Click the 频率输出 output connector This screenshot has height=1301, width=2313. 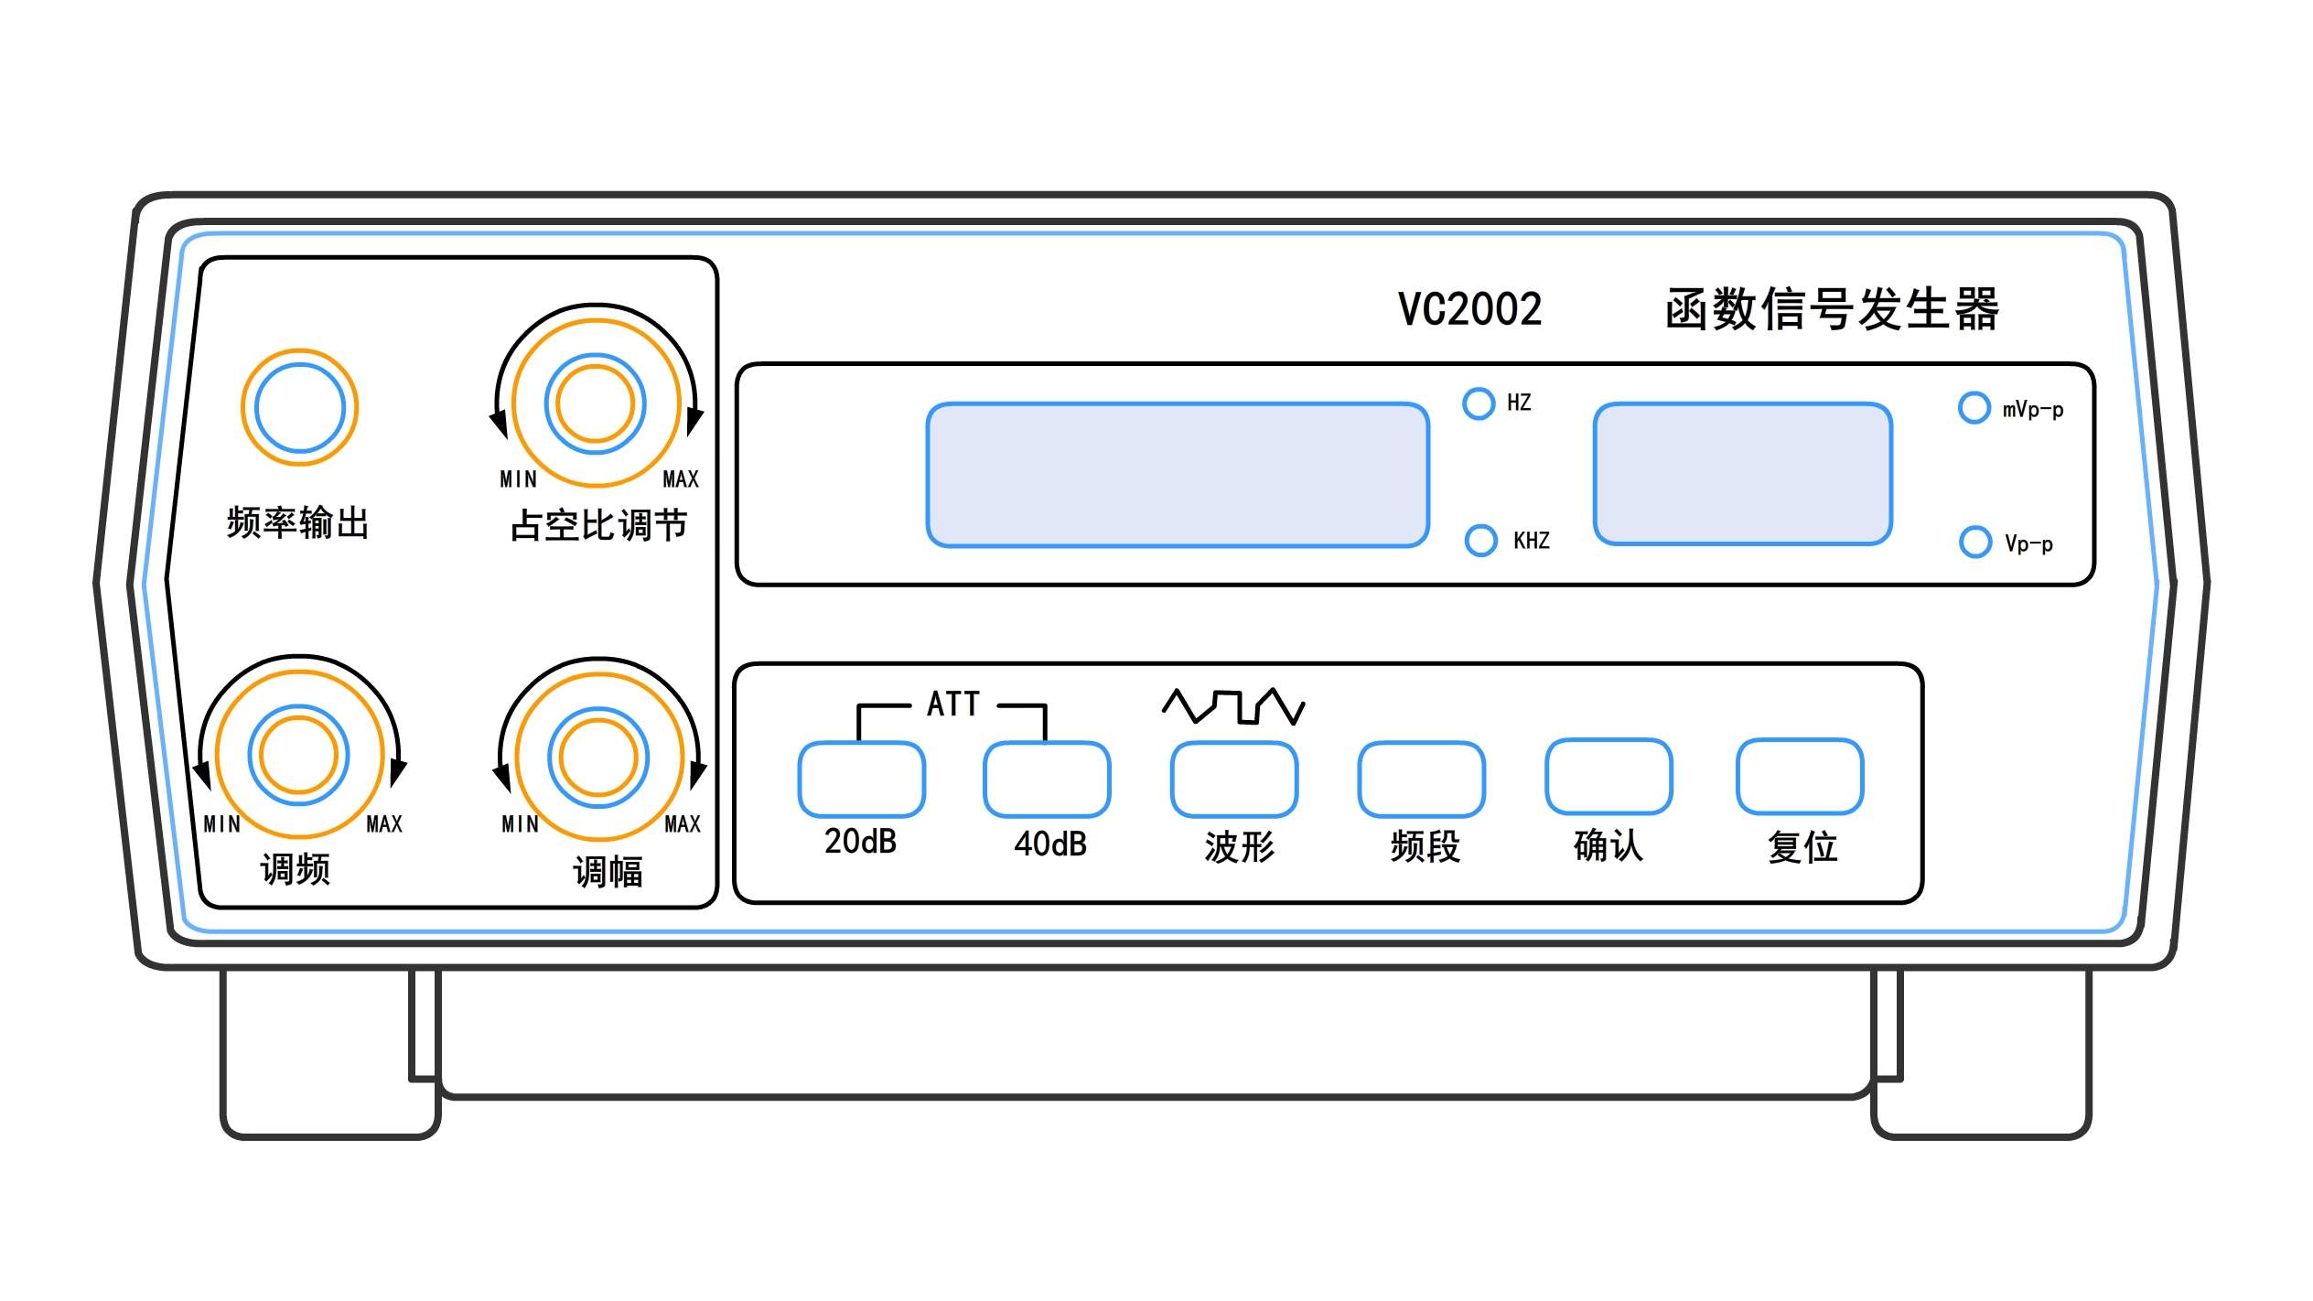coord(299,408)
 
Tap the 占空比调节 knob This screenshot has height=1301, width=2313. coord(595,403)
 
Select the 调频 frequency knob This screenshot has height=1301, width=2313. coord(298,755)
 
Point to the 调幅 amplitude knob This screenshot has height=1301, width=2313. coord(598,758)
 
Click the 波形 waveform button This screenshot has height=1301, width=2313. coord(1234,780)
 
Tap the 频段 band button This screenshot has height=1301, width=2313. coord(1422,780)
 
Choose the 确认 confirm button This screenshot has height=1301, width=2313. coord(1609,777)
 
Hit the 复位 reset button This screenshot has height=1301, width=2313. coord(1800,777)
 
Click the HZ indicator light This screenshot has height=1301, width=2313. coord(1479,403)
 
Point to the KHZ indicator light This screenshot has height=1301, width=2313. coord(1480,541)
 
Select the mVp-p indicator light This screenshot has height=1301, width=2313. coord(1974,408)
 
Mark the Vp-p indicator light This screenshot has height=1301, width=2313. coord(1974,542)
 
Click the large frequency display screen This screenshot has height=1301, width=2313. coord(1178,475)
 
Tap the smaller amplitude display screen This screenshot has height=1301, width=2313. coord(1742,474)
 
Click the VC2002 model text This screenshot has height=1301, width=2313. coord(1469,309)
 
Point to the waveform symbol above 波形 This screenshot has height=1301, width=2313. coord(1233,706)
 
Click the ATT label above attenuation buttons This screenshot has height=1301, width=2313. coord(952,704)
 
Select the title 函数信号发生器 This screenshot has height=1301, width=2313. coord(1832,309)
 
